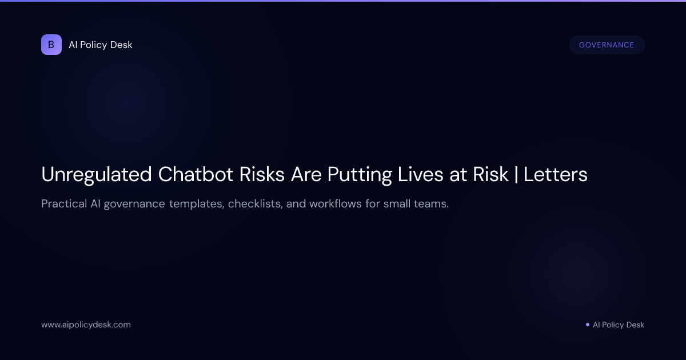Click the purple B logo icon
[51, 45]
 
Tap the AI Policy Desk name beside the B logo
[101, 45]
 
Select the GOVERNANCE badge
[607, 45]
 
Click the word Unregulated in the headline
[96, 174]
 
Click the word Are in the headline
[306, 174]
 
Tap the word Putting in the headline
[360, 174]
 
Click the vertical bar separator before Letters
[516, 174]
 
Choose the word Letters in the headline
[555, 174]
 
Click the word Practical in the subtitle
[63, 204]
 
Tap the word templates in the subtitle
[196, 204]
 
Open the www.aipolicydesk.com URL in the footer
[86, 325]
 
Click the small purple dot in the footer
[587, 325]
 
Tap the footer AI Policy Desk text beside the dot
[619, 325]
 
